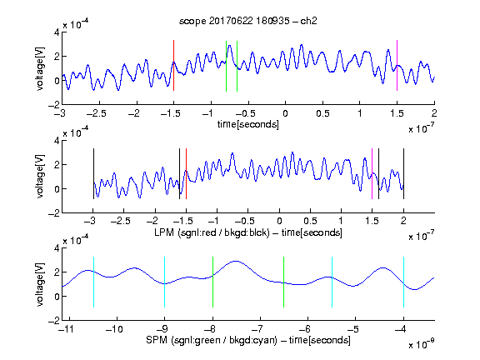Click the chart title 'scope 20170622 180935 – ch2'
click(x=248, y=21)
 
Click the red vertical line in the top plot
click(x=174, y=66)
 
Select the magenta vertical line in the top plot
click(x=397, y=66)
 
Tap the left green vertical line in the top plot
click(x=226, y=66)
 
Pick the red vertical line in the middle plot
click(x=186, y=174)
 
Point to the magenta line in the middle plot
click(x=372, y=174)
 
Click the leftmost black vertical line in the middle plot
click(x=93, y=174)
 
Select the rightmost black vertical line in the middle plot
click(x=403, y=174)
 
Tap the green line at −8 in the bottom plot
click(x=212, y=282)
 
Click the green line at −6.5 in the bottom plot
click(x=284, y=282)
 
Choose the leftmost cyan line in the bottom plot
click(x=93, y=282)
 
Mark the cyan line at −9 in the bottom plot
click(x=165, y=282)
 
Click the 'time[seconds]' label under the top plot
click(x=248, y=124)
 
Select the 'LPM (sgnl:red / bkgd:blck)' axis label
click(x=212, y=232)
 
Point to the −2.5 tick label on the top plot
click(x=97, y=113)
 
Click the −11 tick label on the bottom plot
click(x=67, y=329)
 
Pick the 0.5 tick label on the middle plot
click(x=310, y=221)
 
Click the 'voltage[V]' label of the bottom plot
click(x=40, y=284)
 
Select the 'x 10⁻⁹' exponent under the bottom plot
click(x=421, y=344)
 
